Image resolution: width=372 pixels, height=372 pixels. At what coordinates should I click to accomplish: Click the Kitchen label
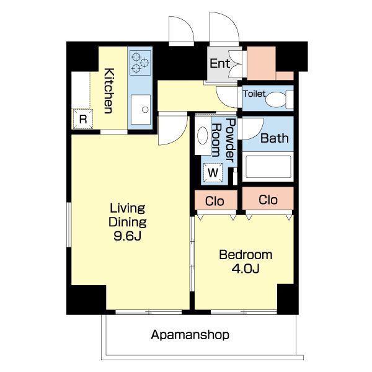(109, 91)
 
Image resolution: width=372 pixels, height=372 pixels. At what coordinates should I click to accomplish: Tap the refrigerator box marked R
(82, 119)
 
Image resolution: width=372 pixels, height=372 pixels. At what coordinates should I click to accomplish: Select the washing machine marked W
(213, 172)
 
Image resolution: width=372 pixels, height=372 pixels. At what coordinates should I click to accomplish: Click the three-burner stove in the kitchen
(140, 63)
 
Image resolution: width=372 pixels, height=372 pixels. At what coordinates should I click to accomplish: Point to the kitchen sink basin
(141, 109)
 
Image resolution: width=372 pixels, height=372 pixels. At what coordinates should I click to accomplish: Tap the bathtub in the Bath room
(268, 167)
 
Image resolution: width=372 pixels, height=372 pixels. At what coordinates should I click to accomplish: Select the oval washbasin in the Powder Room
(202, 135)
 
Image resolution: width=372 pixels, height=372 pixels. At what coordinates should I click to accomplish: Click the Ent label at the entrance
(219, 63)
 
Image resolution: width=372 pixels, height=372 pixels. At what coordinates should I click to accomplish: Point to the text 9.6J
(128, 236)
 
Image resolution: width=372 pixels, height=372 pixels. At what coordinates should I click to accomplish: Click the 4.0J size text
(246, 268)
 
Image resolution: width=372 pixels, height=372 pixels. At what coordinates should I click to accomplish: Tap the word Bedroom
(246, 255)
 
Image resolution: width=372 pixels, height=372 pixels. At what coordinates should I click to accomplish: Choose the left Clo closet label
(215, 201)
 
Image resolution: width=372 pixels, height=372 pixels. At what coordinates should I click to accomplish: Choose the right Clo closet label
(268, 200)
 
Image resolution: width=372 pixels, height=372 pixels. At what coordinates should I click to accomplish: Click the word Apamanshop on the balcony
(190, 335)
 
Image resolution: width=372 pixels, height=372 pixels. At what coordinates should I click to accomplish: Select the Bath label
(275, 138)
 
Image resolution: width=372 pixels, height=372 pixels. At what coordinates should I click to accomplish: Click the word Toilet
(254, 94)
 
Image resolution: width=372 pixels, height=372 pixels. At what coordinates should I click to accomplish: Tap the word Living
(127, 209)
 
